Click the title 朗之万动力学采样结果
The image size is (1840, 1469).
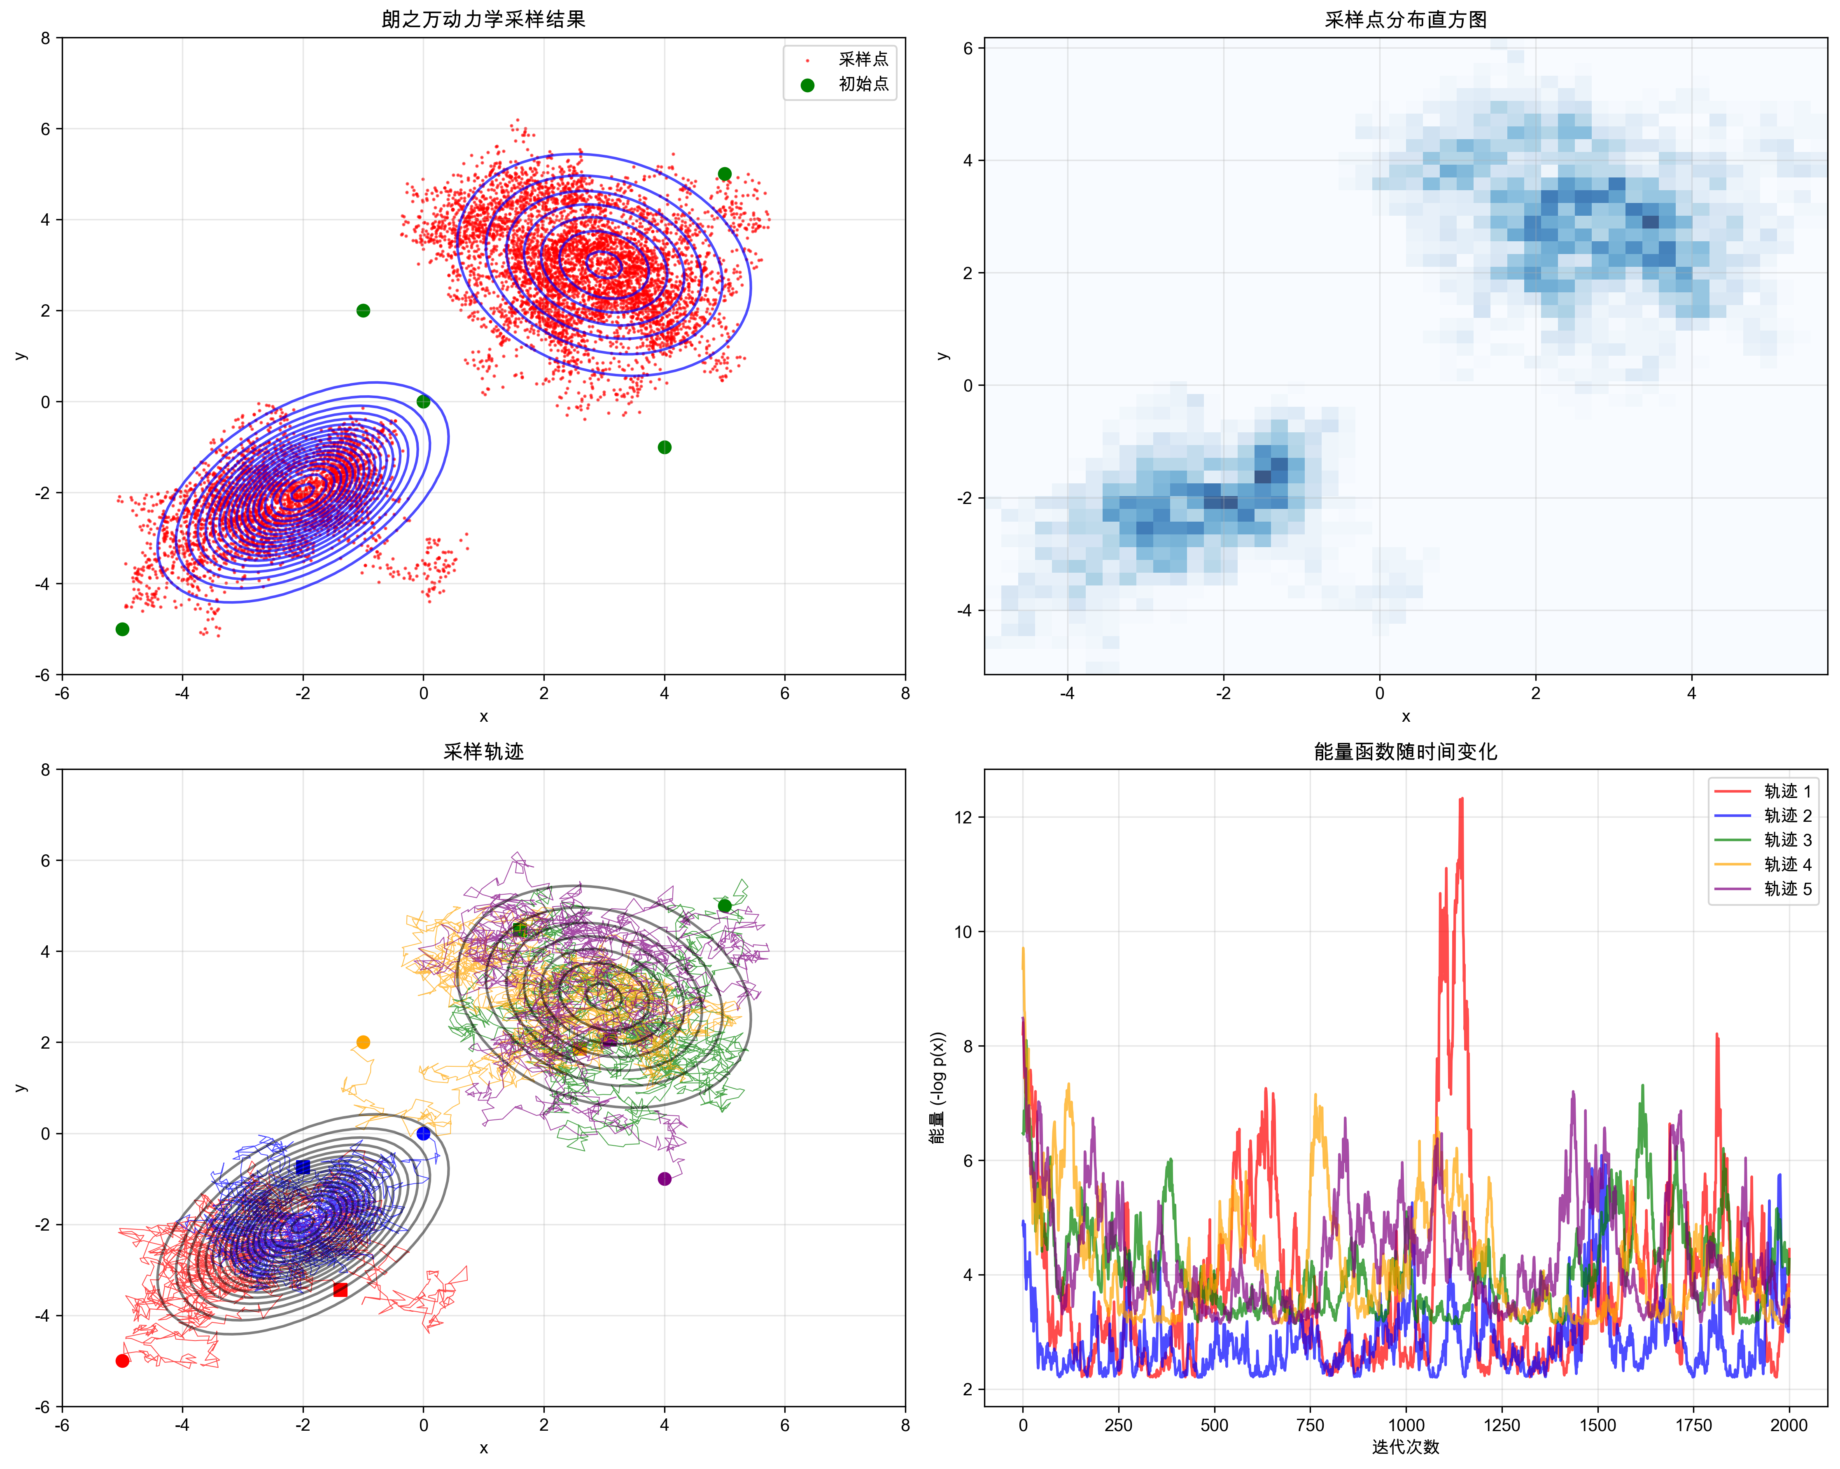click(483, 19)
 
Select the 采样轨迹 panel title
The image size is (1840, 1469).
click(483, 751)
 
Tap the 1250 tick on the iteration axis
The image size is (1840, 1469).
click(1501, 1425)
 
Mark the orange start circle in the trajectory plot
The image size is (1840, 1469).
click(363, 1042)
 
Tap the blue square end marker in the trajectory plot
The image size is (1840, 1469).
click(303, 1167)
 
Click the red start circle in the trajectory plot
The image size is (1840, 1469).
click(122, 1361)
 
